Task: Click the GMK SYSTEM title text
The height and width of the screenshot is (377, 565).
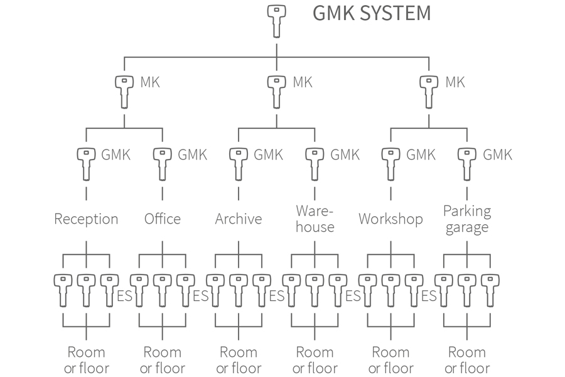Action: pyautogui.click(x=372, y=13)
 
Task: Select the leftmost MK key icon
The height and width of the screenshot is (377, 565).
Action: pyautogui.click(x=124, y=90)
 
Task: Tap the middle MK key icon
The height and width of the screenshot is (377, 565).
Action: pyautogui.click(x=276, y=90)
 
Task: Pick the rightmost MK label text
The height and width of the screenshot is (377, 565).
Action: pyautogui.click(x=455, y=82)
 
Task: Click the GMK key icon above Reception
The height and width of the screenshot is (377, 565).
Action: pyautogui.click(x=86, y=163)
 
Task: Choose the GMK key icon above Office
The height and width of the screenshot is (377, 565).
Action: pyautogui.click(x=163, y=163)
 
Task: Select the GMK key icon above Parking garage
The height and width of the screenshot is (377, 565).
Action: pyautogui.click(x=466, y=163)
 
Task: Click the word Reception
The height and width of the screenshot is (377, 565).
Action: pyautogui.click(x=86, y=219)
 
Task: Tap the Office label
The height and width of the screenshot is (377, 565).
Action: pyautogui.click(x=163, y=219)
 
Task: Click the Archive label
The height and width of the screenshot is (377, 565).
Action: pyautogui.click(x=239, y=219)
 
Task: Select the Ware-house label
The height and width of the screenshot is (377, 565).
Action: pyautogui.click(x=315, y=219)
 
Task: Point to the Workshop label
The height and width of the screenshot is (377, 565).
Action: pyautogui.click(x=390, y=219)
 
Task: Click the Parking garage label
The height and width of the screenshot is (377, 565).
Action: pyautogui.click(x=466, y=219)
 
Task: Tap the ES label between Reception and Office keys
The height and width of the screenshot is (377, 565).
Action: pyautogui.click(x=124, y=295)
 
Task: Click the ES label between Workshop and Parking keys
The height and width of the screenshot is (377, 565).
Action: pyautogui.click(x=429, y=295)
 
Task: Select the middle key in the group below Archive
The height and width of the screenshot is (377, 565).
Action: pyautogui.click(x=239, y=290)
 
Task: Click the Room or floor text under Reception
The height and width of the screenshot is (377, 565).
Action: pyautogui.click(x=86, y=360)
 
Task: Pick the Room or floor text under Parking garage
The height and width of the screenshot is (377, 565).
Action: pyautogui.click(x=466, y=360)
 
